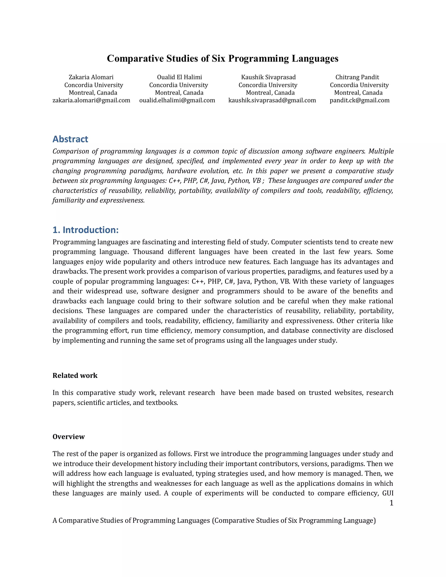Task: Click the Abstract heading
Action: pyautogui.click(x=70, y=139)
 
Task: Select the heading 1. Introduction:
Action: pyautogui.click(x=86, y=230)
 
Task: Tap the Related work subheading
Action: pyautogui.click(x=75, y=375)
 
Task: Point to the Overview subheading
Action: pyautogui.click(x=69, y=436)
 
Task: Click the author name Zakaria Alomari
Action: pyautogui.click(x=91, y=77)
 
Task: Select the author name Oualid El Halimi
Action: pyautogui.click(x=179, y=77)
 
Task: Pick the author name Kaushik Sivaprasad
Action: pyautogui.click(x=269, y=77)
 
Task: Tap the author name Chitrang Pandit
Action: pyautogui.click(x=357, y=77)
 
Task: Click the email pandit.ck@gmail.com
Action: pyautogui.click(x=360, y=100)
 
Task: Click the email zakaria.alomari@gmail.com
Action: pyautogui.click(x=91, y=100)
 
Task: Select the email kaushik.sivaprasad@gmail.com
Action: pyautogui.click(x=272, y=100)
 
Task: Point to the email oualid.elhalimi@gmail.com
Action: pyautogui.click(x=177, y=100)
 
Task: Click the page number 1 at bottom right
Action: pyautogui.click(x=391, y=503)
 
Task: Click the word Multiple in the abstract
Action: pyautogui.click(x=381, y=151)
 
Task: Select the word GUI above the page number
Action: pyautogui.click(x=388, y=493)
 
